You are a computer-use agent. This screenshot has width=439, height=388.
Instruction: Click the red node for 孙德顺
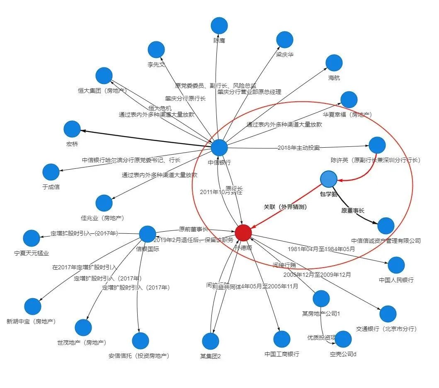(243, 232)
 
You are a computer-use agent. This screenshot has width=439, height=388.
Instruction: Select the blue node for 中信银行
(219, 148)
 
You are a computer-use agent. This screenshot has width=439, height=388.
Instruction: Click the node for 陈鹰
(219, 26)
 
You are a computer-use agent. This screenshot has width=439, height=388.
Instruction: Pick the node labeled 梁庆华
(285, 39)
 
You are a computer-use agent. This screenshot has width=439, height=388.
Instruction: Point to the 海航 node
(334, 63)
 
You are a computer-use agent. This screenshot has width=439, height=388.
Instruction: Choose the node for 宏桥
(72, 129)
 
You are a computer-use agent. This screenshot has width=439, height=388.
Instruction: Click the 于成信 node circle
(51, 172)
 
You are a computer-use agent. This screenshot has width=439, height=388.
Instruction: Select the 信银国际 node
(148, 234)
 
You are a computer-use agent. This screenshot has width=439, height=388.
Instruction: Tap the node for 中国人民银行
(396, 265)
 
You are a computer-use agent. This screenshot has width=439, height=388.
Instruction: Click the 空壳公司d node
(343, 339)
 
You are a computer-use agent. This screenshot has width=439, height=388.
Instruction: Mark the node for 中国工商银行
(282, 339)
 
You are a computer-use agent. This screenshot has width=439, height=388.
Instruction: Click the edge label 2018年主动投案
(298, 147)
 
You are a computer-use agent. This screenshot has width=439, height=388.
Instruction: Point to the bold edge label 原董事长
(352, 211)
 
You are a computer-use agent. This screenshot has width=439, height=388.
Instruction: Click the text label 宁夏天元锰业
(32, 253)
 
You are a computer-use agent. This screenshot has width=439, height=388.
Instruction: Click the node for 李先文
(156, 50)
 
